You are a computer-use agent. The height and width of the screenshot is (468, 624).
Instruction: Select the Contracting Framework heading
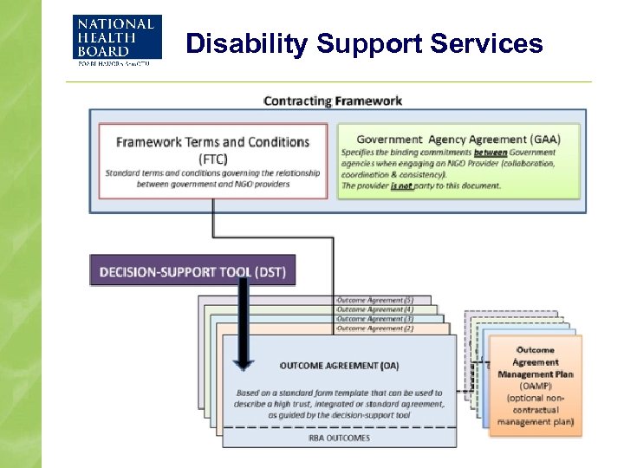click(x=333, y=101)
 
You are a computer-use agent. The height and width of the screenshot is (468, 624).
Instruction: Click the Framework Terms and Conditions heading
click(x=212, y=141)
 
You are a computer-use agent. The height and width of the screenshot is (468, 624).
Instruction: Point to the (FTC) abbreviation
click(x=212, y=158)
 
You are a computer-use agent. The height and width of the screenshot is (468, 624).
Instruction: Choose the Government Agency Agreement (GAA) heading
click(x=458, y=139)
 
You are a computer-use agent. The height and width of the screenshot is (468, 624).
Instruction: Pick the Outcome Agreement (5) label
click(x=374, y=300)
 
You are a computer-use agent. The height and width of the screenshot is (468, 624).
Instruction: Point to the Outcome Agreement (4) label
click(x=374, y=309)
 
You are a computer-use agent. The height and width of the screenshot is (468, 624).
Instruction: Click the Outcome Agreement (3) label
click(x=374, y=319)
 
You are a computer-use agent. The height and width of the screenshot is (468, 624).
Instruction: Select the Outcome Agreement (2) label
click(x=374, y=328)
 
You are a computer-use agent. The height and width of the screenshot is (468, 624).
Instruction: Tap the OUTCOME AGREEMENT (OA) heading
click(x=339, y=365)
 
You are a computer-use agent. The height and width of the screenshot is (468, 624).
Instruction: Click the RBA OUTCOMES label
click(x=339, y=438)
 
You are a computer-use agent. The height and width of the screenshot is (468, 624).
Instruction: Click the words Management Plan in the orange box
click(x=536, y=374)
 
